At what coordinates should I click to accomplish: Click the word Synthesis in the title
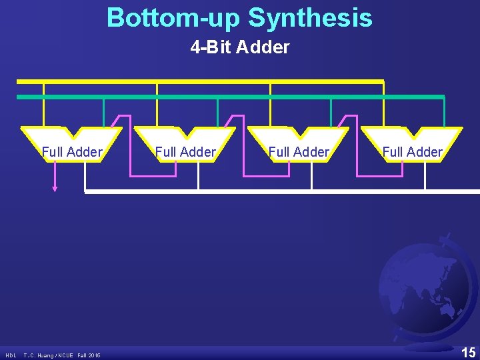pos(310,18)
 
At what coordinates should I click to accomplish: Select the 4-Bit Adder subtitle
pos(239,47)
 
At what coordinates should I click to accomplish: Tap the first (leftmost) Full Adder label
pos(72,152)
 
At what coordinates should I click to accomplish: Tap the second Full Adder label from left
pos(185,152)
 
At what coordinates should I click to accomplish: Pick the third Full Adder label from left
pos(299,152)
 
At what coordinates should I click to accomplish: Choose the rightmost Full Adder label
pos(412,152)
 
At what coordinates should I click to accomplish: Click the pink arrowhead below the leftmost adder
pos(55,189)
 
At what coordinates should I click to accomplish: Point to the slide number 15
pos(468,352)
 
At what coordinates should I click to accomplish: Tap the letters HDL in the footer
pos(11,355)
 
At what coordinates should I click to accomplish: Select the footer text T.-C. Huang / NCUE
pos(49,355)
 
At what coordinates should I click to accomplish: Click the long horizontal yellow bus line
pos(200,81)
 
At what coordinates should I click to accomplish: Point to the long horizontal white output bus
pos(280,191)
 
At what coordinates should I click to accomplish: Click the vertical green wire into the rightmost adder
pos(445,111)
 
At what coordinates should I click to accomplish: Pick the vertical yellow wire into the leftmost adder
pos(43,104)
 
